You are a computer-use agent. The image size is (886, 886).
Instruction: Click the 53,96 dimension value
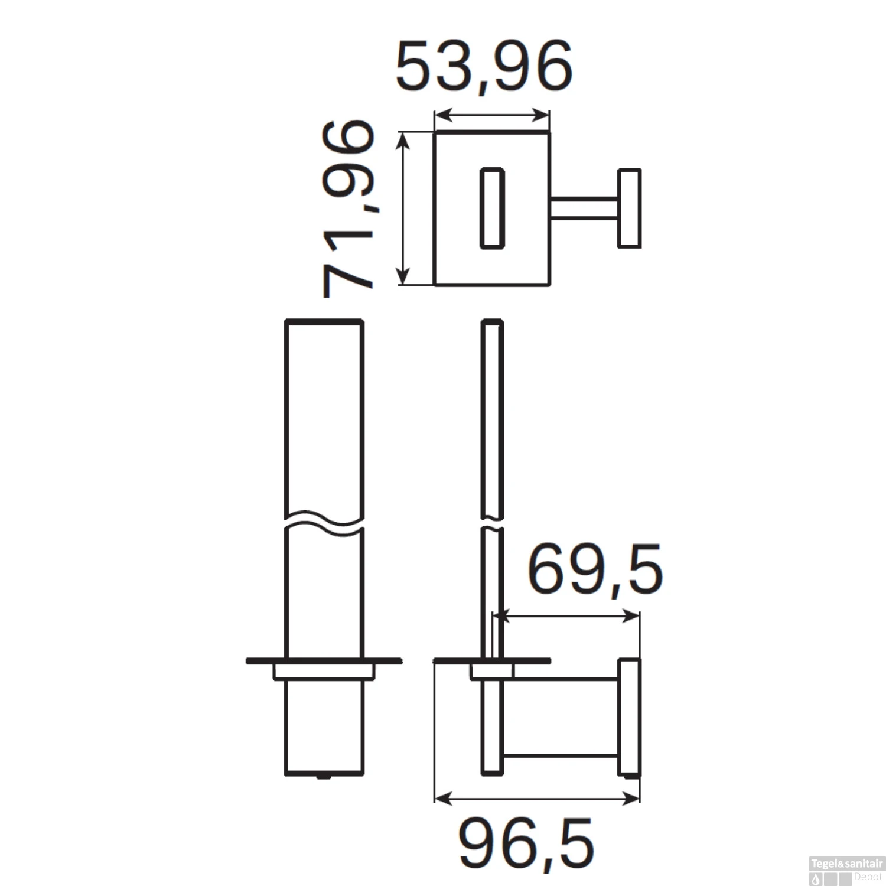(484, 66)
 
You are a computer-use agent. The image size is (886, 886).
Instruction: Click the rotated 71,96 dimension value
(348, 209)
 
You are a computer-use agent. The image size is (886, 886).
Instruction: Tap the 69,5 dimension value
(594, 570)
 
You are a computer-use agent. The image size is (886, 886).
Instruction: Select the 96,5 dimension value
(526, 843)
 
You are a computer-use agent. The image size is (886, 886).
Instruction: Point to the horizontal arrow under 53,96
(491, 115)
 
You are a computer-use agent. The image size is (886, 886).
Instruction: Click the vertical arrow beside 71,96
(403, 209)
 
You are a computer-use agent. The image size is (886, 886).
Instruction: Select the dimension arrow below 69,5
(567, 617)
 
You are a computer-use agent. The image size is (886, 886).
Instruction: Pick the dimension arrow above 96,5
(536, 799)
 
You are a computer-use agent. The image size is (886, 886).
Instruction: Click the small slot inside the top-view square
(491, 209)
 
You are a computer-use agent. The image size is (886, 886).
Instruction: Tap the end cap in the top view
(629, 209)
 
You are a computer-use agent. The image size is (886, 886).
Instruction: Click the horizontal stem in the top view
(584, 209)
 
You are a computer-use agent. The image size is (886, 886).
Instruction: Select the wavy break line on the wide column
(324, 520)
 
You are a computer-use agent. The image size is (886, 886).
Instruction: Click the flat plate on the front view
(324, 660)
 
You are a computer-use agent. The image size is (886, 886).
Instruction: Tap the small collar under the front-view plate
(324, 672)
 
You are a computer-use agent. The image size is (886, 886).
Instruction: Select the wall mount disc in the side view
(629, 716)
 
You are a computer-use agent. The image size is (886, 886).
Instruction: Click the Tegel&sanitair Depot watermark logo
(846, 869)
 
